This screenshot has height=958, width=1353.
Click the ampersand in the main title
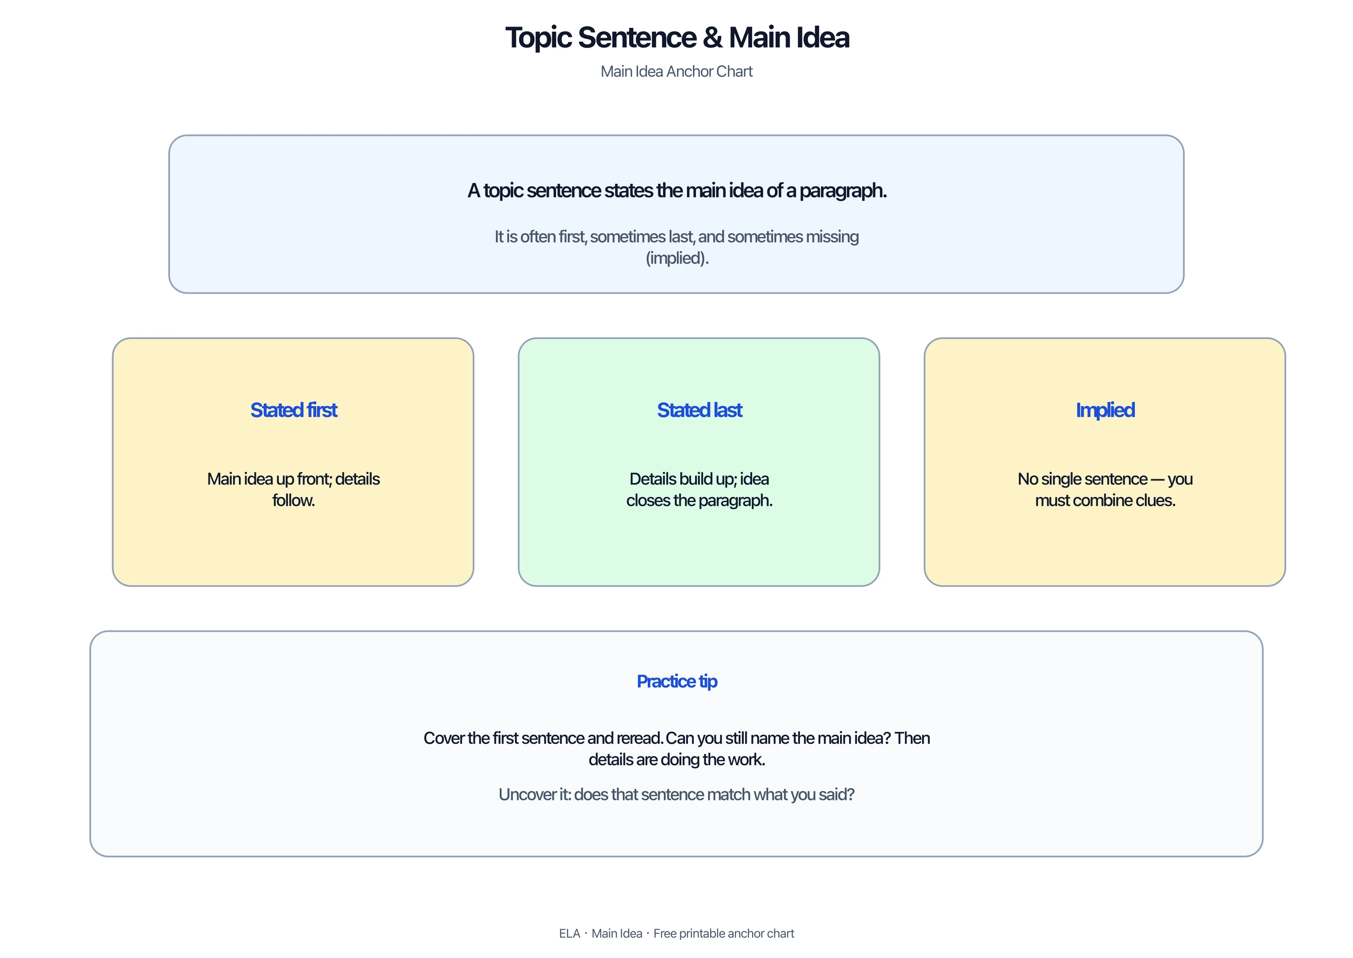pos(712,38)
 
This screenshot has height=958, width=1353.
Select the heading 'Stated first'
pos(293,410)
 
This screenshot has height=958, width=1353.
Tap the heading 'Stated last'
pos(699,410)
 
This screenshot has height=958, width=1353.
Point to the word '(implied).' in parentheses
pos(677,258)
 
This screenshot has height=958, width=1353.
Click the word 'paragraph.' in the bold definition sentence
pos(843,191)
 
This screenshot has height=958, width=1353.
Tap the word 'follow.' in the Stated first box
pos(293,500)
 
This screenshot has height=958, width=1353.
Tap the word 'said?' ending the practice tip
pos(837,794)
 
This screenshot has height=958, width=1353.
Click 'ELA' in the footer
pos(570,933)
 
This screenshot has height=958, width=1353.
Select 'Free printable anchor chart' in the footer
pos(723,933)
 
